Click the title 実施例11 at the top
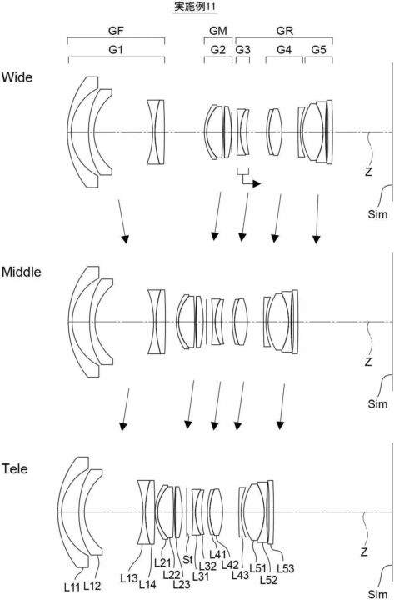[x=196, y=6]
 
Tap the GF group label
[x=116, y=31]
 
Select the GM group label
[x=218, y=31]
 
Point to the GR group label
[x=285, y=31]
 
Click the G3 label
[x=242, y=50]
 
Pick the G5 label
[x=319, y=50]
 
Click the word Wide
[x=17, y=77]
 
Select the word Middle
[x=22, y=272]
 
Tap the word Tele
[x=14, y=468]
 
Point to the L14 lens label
[x=147, y=584]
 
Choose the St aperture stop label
[x=187, y=560]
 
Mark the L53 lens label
[x=286, y=568]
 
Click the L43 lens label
[x=240, y=575]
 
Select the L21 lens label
[x=162, y=562]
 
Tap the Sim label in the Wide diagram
[x=377, y=214]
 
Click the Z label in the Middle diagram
[x=368, y=362]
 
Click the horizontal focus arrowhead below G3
[x=257, y=184]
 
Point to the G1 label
[x=116, y=50]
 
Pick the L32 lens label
[x=207, y=567]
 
